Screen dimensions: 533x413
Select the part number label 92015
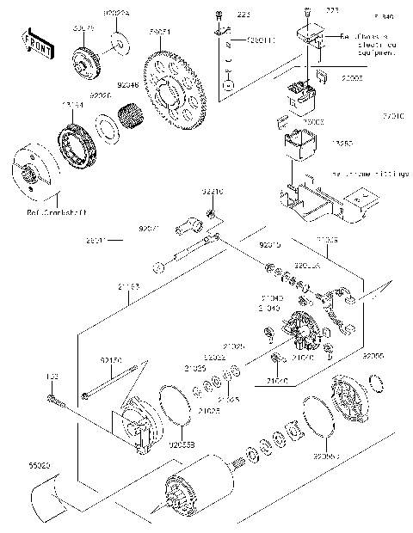tap(271, 246)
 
